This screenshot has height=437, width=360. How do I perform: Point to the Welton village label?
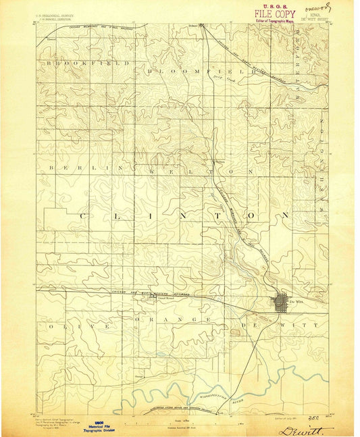tap(219, 161)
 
